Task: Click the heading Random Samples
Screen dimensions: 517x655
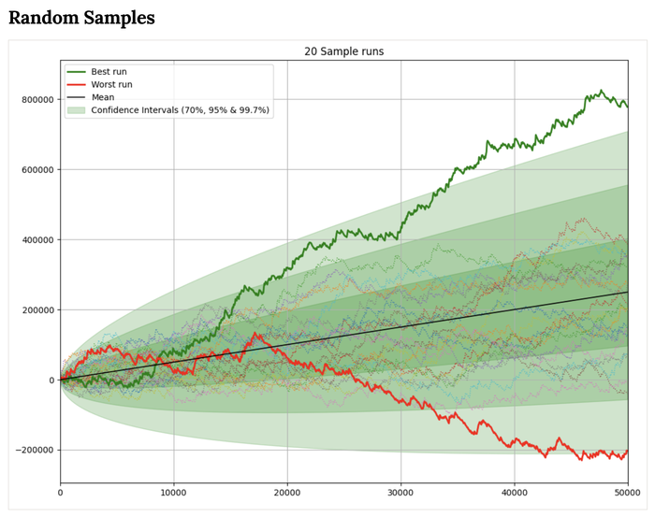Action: point(81,18)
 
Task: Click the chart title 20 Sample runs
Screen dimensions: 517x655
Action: point(343,51)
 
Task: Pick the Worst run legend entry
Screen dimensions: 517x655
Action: point(112,84)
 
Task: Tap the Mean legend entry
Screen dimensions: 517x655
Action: point(105,97)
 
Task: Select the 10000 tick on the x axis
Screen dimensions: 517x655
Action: point(173,492)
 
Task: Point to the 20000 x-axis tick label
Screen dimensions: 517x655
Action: point(287,492)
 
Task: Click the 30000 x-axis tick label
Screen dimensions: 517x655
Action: point(400,492)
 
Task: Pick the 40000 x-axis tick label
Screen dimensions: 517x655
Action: point(514,492)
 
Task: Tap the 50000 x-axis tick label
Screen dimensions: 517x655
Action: point(626,492)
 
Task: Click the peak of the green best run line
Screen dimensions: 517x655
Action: point(601,91)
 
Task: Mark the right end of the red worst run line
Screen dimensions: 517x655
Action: point(627,451)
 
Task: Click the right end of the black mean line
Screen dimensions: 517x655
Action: point(627,292)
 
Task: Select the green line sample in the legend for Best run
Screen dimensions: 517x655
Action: point(76,71)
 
